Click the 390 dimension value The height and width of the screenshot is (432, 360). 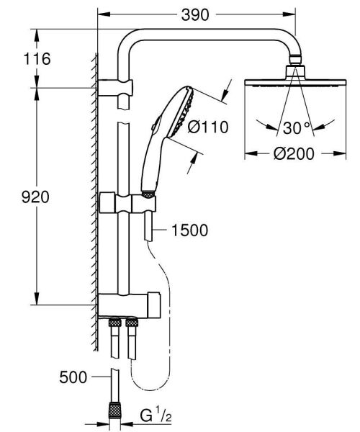pyautogui.click(x=196, y=14)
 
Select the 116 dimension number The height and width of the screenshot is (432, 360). pyautogui.click(x=35, y=59)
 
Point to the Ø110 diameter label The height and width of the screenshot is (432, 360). pyautogui.click(x=207, y=127)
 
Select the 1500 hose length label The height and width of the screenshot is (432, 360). pyautogui.click(x=190, y=230)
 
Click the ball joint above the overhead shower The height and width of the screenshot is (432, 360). pyautogui.click(x=293, y=70)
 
